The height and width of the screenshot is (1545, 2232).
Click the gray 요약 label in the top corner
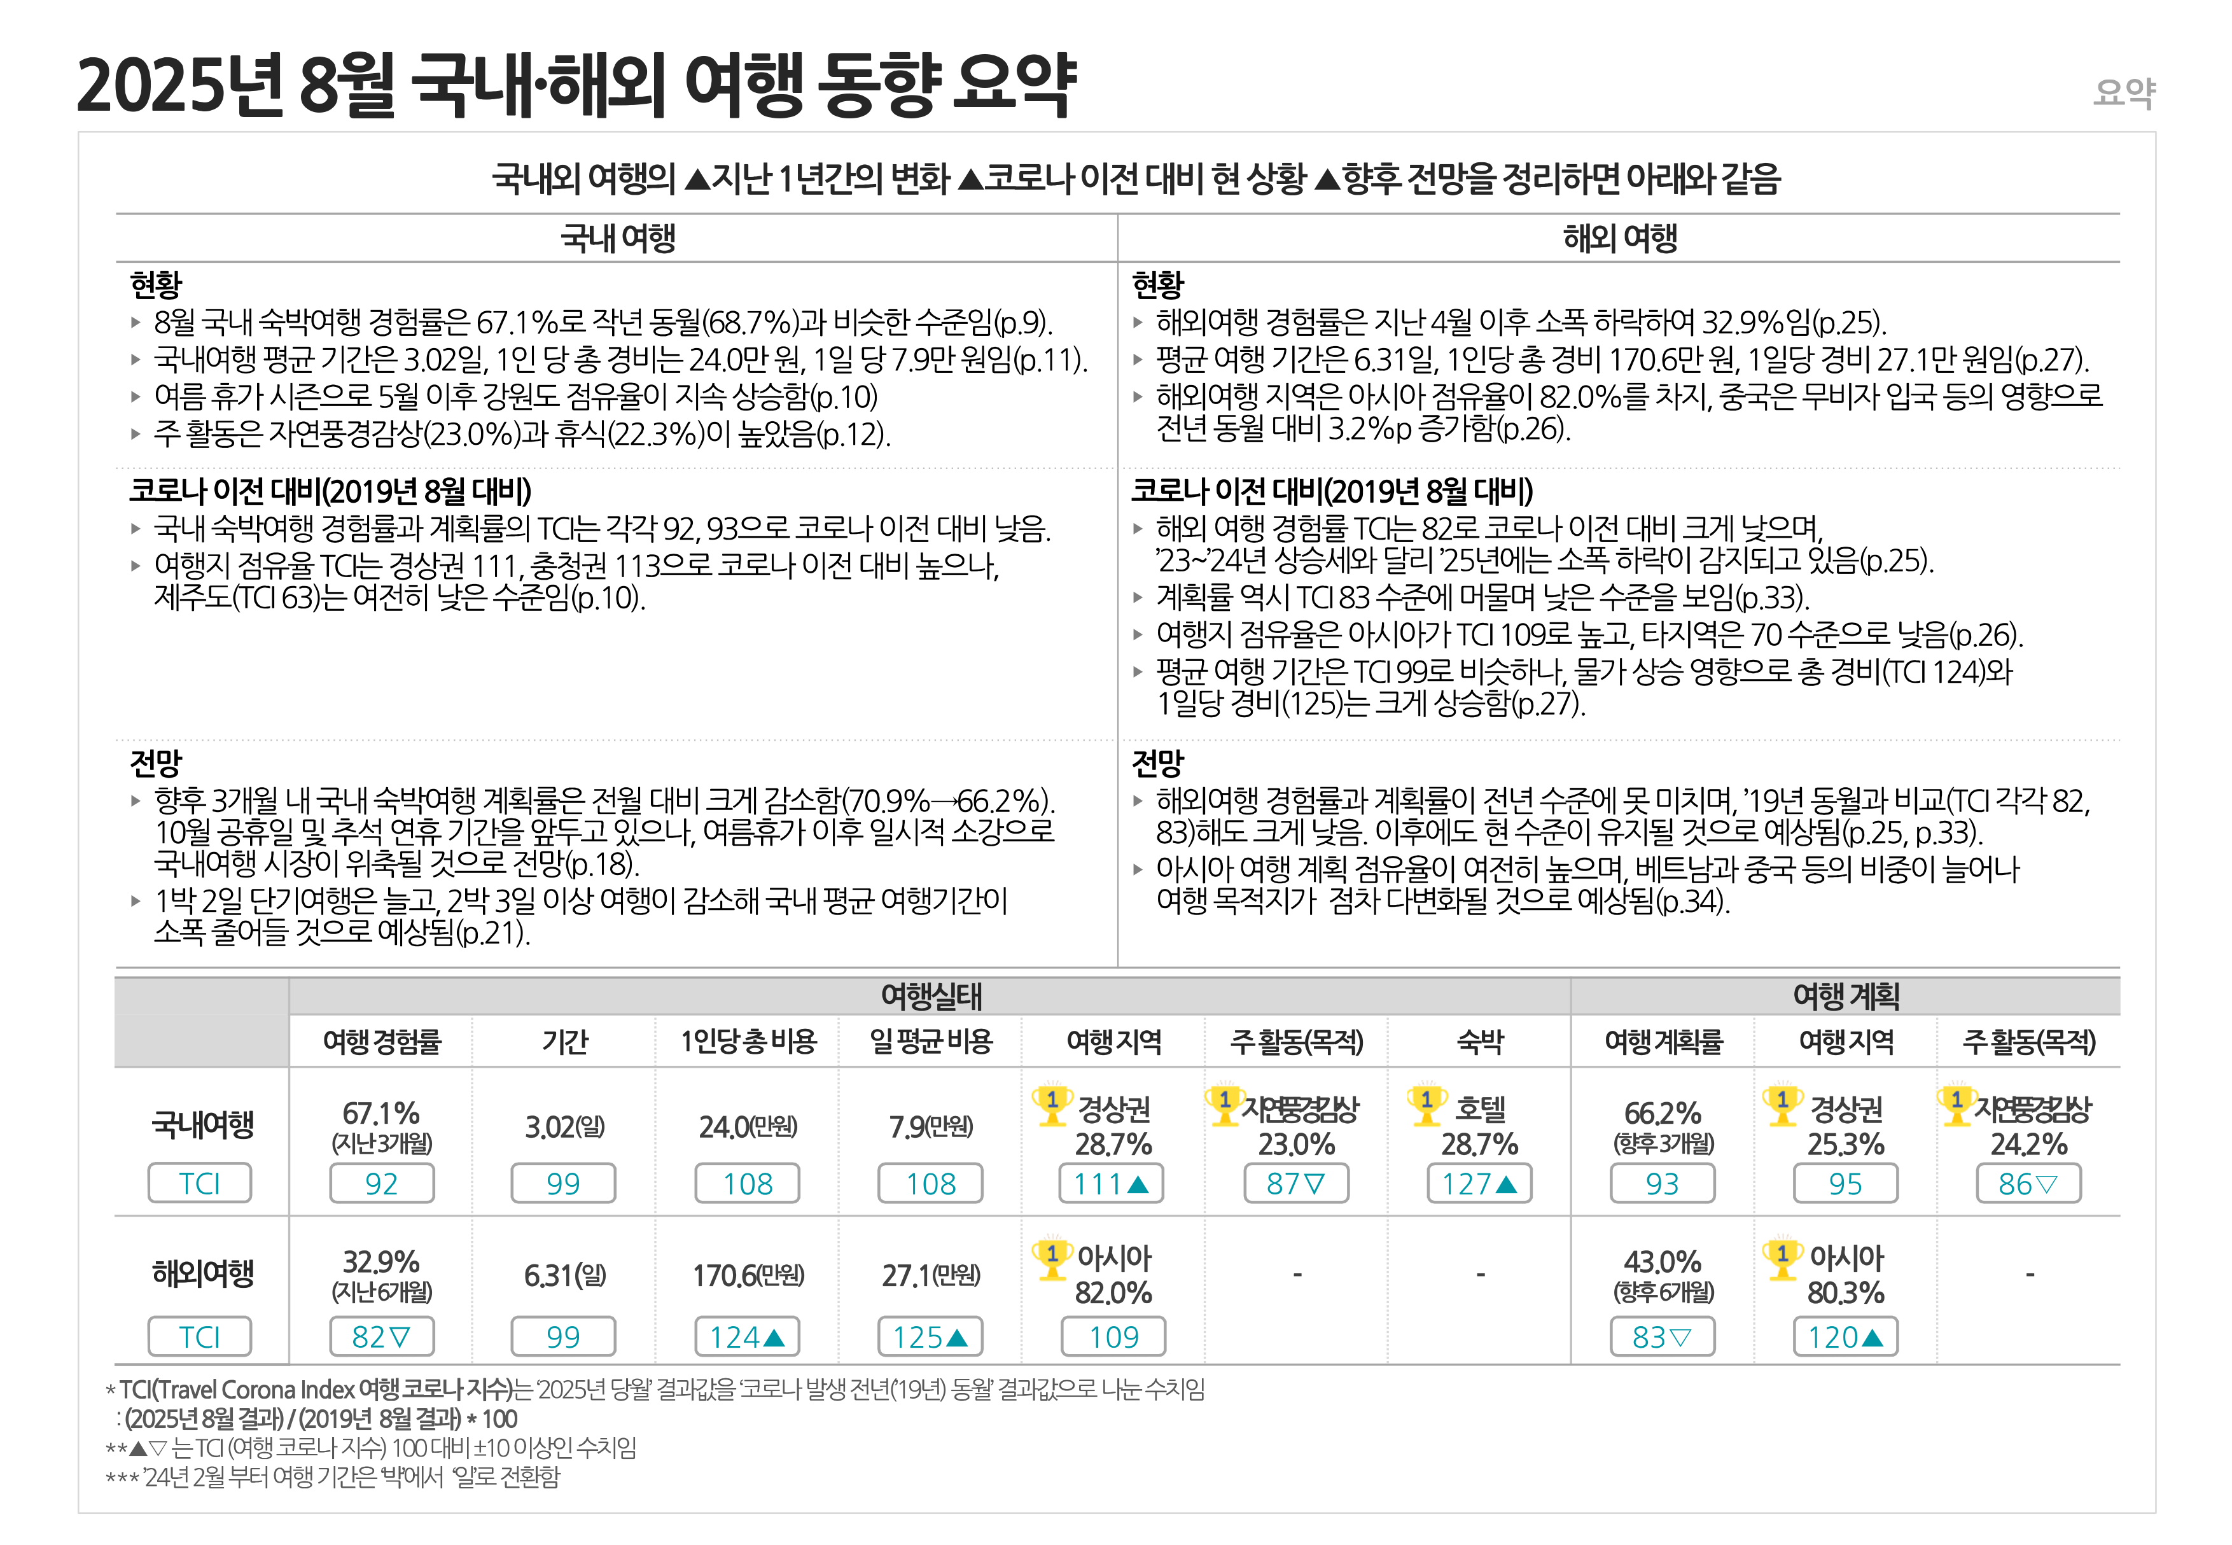point(2124,93)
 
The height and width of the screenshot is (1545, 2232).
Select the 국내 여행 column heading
point(618,238)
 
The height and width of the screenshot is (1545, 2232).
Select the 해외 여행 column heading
point(1619,238)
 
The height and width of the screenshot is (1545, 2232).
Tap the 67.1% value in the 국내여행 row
point(381,1113)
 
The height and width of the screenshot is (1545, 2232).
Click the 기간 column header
point(564,1042)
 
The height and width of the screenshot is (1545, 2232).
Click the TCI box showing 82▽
point(381,1337)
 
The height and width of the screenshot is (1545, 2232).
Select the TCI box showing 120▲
point(1845,1337)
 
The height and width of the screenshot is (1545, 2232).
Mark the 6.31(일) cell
point(564,1276)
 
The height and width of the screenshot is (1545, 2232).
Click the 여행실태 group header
point(930,996)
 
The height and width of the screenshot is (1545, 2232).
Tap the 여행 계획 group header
point(1845,996)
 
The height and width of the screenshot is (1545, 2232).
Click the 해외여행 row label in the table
point(202,1273)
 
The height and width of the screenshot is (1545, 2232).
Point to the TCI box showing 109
point(1113,1337)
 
